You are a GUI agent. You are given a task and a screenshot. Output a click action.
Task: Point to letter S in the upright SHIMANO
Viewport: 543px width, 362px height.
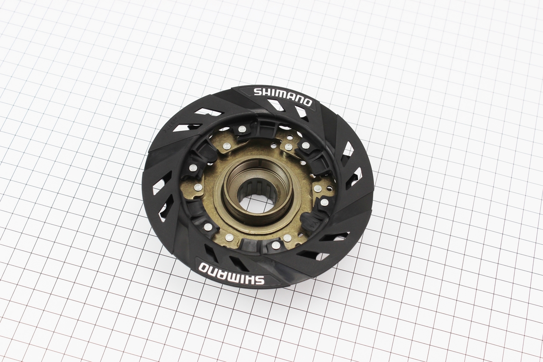[257, 92]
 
